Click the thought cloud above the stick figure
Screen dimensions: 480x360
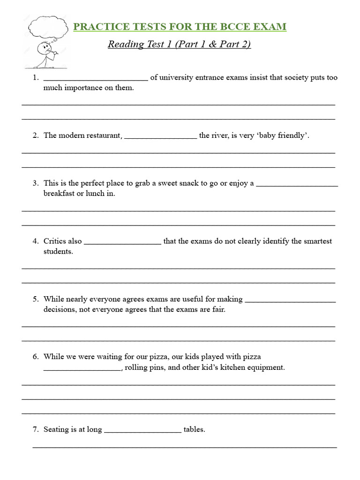coord(48,27)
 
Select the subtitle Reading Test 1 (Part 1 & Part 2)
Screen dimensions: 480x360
coord(180,45)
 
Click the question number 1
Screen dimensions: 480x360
coord(35,78)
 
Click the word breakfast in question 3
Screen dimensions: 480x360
coord(59,194)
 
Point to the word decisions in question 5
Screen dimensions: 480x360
coord(59,309)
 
